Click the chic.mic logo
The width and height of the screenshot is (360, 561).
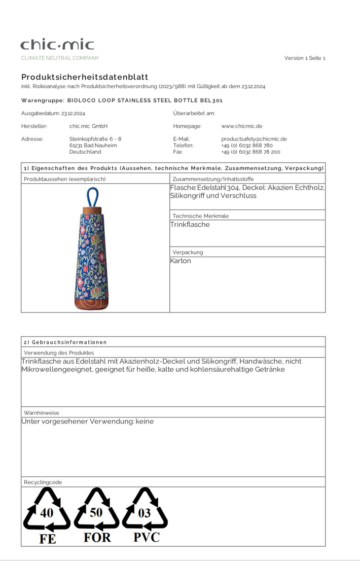tap(57, 45)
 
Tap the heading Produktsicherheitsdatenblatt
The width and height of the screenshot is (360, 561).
tap(85, 77)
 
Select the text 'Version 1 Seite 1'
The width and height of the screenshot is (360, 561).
tap(304, 58)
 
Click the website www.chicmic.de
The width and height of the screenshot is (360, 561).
tap(241, 126)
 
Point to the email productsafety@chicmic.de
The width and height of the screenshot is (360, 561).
tap(254, 138)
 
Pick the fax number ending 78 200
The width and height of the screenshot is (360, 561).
tap(250, 152)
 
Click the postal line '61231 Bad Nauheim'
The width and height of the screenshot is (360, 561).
tap(93, 145)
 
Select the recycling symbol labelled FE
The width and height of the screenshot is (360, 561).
tap(47, 515)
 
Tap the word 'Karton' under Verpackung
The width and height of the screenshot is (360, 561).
tap(181, 261)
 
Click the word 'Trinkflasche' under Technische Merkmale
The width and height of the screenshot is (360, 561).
tap(190, 224)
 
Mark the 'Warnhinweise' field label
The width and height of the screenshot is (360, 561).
tap(42, 413)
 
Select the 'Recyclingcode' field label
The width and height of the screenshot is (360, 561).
tap(43, 482)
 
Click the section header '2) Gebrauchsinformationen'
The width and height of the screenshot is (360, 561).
tap(65, 342)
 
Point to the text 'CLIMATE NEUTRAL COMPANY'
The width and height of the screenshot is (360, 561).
tap(60, 58)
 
